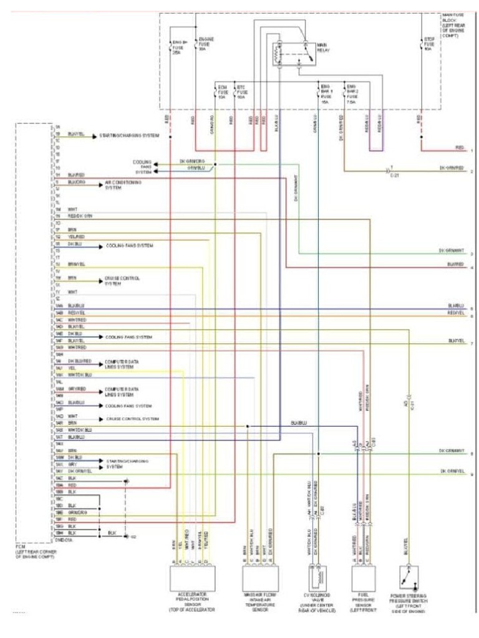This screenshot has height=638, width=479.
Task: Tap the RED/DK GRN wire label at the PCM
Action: point(80,216)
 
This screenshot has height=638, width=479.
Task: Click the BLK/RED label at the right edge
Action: point(456,265)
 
